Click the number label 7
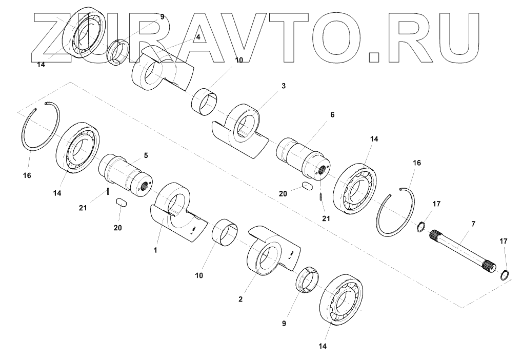(x=473, y=224)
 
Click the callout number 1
(x=156, y=250)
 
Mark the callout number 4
(x=197, y=37)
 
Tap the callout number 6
(x=332, y=115)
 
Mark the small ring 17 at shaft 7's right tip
(x=505, y=275)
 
